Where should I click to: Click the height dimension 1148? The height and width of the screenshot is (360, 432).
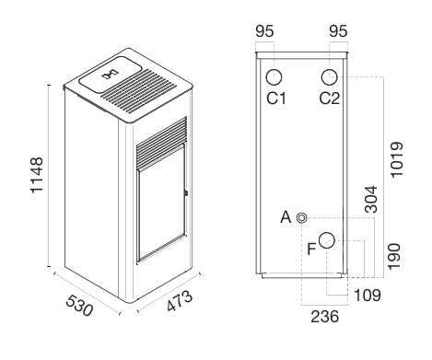pos(37,175)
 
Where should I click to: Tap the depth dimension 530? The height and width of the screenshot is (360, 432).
pos(79,306)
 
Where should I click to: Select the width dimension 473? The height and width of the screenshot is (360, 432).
pos(180,301)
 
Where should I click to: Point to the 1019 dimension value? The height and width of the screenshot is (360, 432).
pos(396,159)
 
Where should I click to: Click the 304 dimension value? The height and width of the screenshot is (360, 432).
pos(371,199)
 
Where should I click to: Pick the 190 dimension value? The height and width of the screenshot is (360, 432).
pos(394,257)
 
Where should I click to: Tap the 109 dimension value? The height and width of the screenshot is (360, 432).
pos(368,296)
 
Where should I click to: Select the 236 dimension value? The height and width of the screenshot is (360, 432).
pos(325,317)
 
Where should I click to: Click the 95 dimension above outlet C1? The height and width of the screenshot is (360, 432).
pos(264,31)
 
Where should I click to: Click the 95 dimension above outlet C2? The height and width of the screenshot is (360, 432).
pos(338,31)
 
